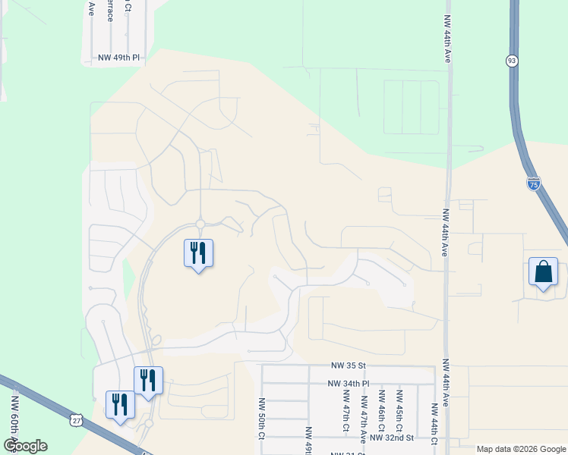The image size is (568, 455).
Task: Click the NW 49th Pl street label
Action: coord(120,57)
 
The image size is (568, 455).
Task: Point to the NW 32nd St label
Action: coord(391,438)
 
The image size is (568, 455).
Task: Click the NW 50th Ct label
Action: coord(260,419)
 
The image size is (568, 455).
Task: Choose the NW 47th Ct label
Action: coord(346,416)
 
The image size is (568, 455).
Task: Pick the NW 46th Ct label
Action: coord(382,409)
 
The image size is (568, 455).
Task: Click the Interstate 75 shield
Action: coord(533,183)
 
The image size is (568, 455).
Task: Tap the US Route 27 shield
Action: coord(75,419)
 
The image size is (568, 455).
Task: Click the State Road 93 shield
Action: coord(513,60)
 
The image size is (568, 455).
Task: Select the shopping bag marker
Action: coord(544,272)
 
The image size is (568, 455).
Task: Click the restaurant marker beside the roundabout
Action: coord(198,253)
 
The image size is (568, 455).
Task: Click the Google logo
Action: coord(25,446)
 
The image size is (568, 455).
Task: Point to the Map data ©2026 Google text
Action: coord(520,449)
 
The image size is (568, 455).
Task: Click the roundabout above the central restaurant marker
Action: coord(200,224)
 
